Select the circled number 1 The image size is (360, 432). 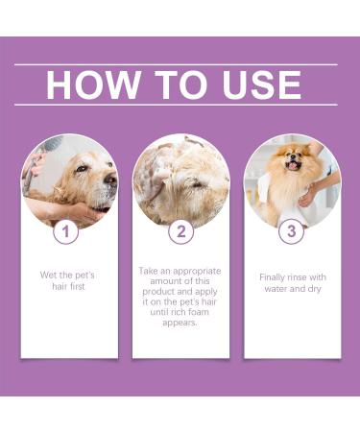coord(65,231)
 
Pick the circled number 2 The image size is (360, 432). coord(180,231)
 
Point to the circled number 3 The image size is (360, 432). coord(292,231)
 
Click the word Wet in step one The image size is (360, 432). coord(49,275)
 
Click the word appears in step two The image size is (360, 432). coord(180,323)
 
